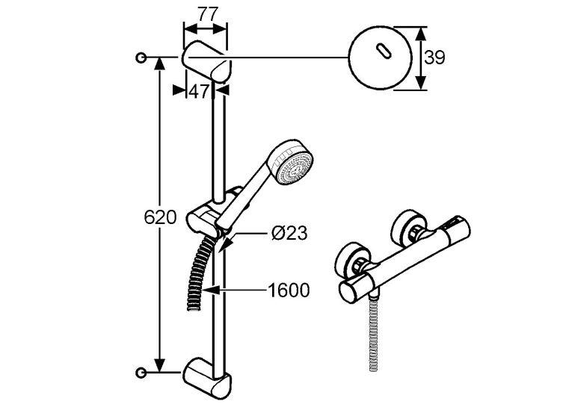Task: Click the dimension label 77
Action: [x=209, y=14]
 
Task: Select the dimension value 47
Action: [x=199, y=91]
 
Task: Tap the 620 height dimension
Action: [x=160, y=217]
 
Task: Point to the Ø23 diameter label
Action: [x=289, y=232]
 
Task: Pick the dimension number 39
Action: [x=435, y=58]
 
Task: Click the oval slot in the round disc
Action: [x=383, y=51]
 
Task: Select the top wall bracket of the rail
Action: [x=206, y=61]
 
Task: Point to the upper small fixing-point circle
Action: [x=141, y=58]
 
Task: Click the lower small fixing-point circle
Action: [x=141, y=373]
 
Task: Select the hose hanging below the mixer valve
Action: [x=374, y=332]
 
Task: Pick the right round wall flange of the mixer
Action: [x=408, y=226]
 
